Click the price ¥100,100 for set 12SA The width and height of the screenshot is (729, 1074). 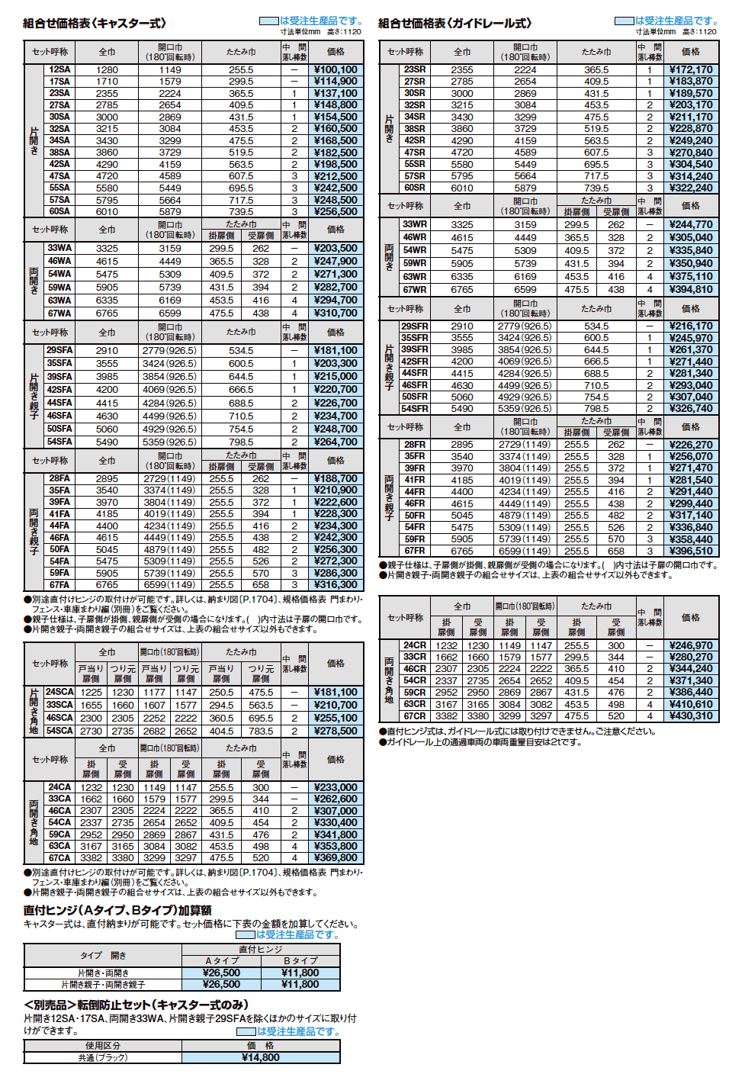[336, 69]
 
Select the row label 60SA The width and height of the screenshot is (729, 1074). [59, 211]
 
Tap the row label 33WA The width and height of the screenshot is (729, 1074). [59, 248]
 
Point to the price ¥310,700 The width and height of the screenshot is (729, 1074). [336, 313]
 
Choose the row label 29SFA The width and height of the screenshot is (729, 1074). [59, 350]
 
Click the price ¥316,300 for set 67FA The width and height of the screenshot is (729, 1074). [336, 585]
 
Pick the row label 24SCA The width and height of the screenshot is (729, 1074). [59, 692]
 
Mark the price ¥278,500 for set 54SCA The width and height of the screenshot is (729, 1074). [336, 731]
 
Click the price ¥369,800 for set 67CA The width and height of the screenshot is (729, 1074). [336, 857]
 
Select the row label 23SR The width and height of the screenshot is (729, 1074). [415, 69]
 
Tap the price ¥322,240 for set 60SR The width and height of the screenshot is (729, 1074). [691, 188]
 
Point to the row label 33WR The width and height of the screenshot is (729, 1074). [415, 224]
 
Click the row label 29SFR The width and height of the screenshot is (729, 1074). [415, 326]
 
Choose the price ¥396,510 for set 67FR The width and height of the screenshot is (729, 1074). [691, 551]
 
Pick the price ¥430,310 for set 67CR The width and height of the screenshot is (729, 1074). [691, 715]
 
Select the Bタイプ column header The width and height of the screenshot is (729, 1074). [300, 961]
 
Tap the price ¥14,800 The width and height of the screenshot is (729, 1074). [261, 1057]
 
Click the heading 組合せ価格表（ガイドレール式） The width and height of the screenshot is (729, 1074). [455, 24]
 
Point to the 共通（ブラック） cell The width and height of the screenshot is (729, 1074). [103, 1057]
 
